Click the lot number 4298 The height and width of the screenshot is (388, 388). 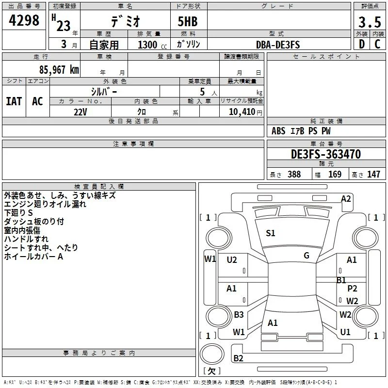(24, 20)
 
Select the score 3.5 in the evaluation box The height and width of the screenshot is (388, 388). (370, 22)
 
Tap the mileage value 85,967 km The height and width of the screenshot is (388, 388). (59, 69)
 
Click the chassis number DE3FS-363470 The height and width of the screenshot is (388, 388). (326, 154)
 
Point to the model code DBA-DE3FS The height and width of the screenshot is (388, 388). (278, 45)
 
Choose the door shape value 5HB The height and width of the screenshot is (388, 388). (188, 21)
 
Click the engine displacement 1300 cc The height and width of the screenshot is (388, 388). (152, 45)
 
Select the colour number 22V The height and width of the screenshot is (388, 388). (80, 112)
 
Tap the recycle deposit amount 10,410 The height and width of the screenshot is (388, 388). (242, 112)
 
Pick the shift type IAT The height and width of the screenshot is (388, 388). (14, 101)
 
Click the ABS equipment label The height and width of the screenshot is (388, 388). (278, 131)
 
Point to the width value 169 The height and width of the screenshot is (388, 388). (335, 174)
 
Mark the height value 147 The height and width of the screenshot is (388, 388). (373, 174)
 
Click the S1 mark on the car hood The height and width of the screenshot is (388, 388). (271, 233)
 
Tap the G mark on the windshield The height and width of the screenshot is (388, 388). (307, 256)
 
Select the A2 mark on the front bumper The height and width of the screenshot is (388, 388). (346, 199)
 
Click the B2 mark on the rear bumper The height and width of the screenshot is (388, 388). (238, 358)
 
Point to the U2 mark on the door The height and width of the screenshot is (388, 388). (232, 260)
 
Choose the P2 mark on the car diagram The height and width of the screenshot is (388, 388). (352, 289)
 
